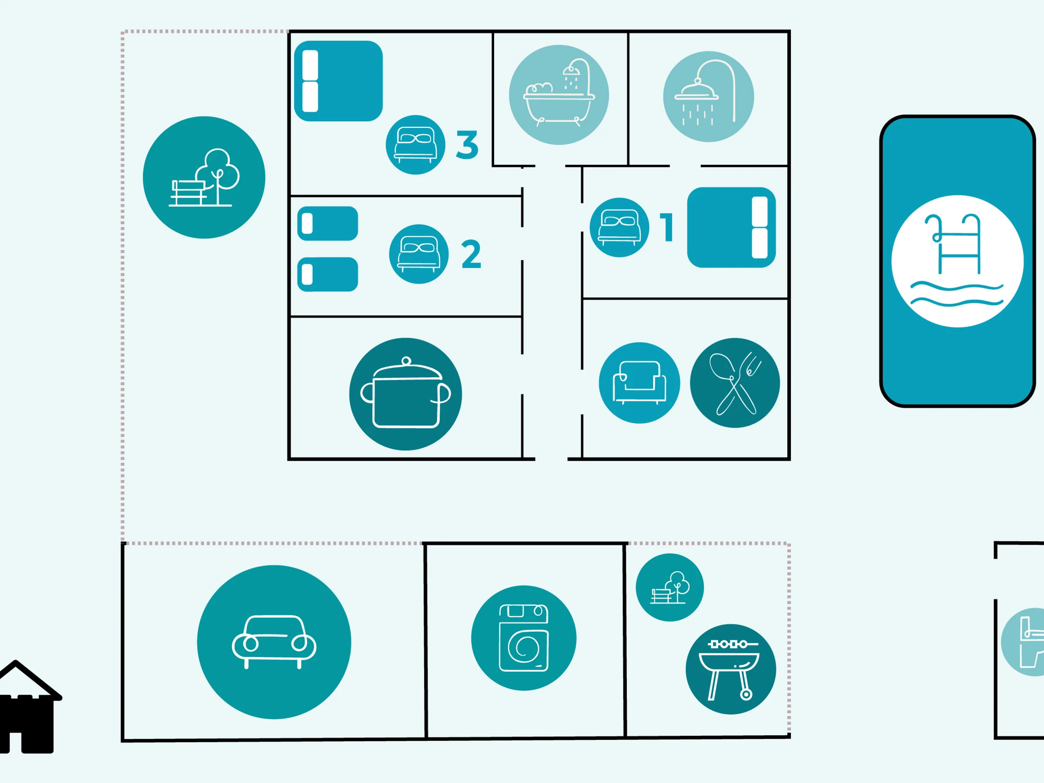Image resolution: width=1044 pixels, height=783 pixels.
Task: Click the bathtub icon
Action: coord(559,95)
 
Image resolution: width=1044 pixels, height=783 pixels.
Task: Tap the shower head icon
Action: coord(709,97)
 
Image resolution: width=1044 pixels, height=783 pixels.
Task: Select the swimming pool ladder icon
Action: coord(957,261)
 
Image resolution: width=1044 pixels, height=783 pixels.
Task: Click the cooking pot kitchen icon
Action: coord(405,394)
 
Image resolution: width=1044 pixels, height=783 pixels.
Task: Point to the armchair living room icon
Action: coord(639,383)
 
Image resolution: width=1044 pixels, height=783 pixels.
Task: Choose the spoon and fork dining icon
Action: coord(735,383)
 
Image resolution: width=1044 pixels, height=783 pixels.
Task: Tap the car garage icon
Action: coord(274,642)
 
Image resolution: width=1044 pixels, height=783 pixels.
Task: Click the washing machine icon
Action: coord(524,638)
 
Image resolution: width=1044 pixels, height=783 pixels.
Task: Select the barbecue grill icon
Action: coord(731,669)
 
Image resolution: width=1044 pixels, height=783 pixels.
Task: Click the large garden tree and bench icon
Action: coord(204,177)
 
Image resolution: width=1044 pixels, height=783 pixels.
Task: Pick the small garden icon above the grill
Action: coord(670,588)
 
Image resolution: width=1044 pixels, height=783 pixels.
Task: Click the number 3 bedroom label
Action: coord(467,145)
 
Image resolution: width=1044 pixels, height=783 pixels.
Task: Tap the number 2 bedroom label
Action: coord(471,254)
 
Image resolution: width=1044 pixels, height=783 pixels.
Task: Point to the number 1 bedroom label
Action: coord(666,228)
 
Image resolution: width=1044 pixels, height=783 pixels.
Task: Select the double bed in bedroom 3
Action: coord(338,81)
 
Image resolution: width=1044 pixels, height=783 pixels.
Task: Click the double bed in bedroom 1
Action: coord(732,228)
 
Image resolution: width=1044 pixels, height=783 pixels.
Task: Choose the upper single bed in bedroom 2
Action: coord(328,223)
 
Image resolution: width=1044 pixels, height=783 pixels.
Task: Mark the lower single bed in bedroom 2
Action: coord(328,274)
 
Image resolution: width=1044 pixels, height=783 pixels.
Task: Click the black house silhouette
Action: coord(28,707)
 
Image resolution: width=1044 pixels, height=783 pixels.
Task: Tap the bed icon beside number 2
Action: coord(418,254)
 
